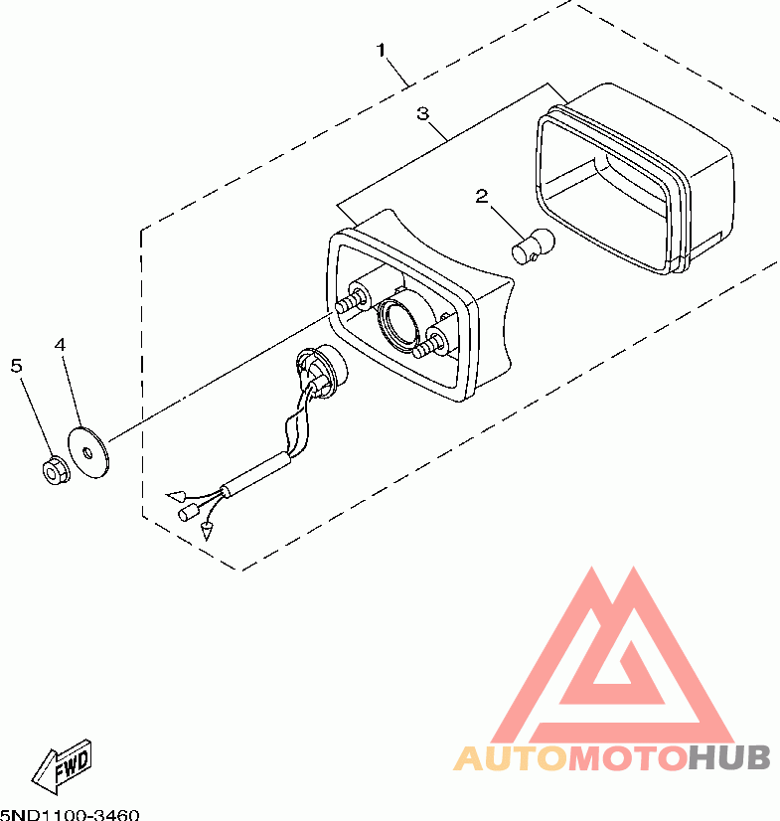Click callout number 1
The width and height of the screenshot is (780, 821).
(x=382, y=49)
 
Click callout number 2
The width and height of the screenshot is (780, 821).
(x=481, y=196)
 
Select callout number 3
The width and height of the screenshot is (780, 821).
(x=422, y=114)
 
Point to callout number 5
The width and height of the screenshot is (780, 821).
(x=16, y=365)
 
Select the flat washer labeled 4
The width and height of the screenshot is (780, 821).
(x=89, y=450)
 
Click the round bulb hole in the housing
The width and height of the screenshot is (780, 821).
(x=401, y=324)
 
